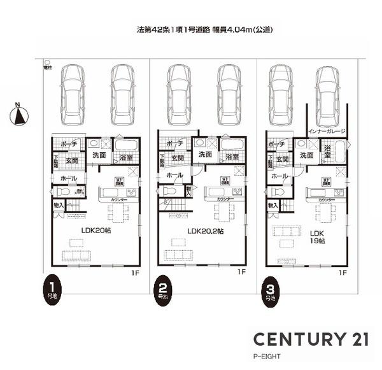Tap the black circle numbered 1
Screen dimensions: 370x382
click(x=52, y=285)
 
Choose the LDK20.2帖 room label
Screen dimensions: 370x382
click(x=205, y=231)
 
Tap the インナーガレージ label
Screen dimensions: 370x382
click(x=326, y=131)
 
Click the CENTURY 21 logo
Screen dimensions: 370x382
click(x=311, y=338)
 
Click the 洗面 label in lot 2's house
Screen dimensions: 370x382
click(x=205, y=155)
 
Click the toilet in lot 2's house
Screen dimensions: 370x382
click(x=169, y=190)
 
